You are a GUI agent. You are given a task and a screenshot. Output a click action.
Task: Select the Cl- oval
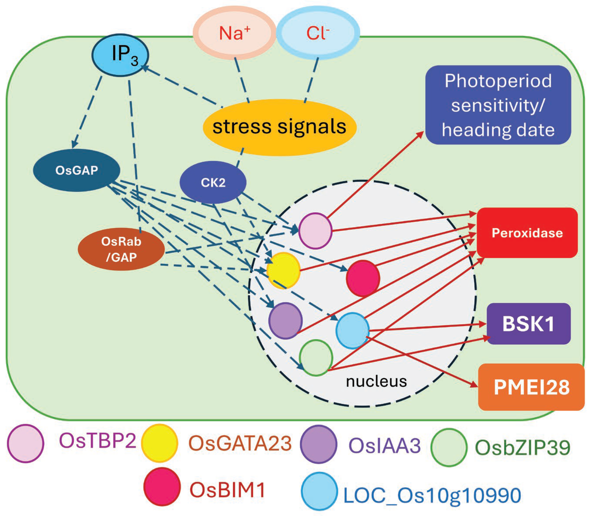318,33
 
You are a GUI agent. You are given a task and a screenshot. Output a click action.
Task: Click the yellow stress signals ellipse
279,127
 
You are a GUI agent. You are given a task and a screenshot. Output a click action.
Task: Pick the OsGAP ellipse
77,170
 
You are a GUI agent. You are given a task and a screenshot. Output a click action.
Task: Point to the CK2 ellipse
213,182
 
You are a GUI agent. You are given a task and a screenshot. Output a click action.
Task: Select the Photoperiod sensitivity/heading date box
498,105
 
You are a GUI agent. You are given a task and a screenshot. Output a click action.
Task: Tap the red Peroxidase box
527,233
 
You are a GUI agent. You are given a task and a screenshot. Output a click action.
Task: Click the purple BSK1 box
528,324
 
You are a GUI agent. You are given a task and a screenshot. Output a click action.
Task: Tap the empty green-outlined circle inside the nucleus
316,358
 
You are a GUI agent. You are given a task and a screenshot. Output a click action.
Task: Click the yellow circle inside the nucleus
283,270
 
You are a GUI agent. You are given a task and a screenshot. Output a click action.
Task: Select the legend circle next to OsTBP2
25,444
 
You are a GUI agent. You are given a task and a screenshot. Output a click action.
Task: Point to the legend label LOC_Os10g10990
432,495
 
